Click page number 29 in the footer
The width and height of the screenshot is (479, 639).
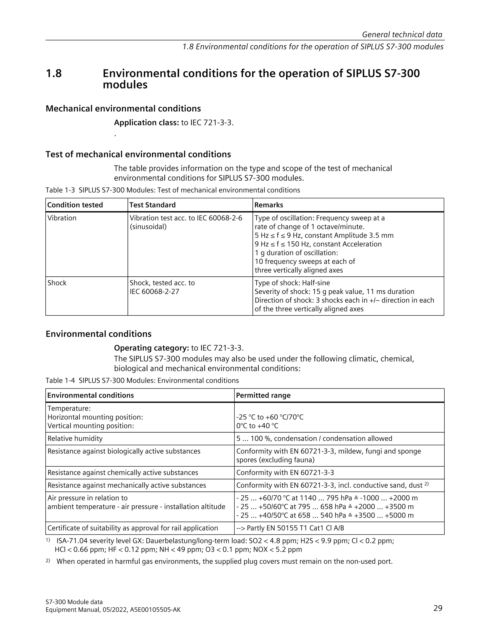(438, 608)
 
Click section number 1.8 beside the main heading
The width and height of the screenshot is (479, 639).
(54, 73)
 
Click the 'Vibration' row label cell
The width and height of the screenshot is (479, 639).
(62, 218)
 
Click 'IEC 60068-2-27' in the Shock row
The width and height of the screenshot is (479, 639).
(154, 291)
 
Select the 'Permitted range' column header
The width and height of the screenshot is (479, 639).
(263, 395)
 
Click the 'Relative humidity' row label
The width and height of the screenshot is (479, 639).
(75, 438)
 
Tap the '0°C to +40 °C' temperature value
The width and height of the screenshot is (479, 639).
(257, 426)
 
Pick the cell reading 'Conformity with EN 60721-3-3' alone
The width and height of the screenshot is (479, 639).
(285, 472)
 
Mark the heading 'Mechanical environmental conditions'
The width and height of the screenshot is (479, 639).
(123, 109)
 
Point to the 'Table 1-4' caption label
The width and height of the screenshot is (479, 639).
(60, 380)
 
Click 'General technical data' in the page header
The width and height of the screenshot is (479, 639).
(402, 35)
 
